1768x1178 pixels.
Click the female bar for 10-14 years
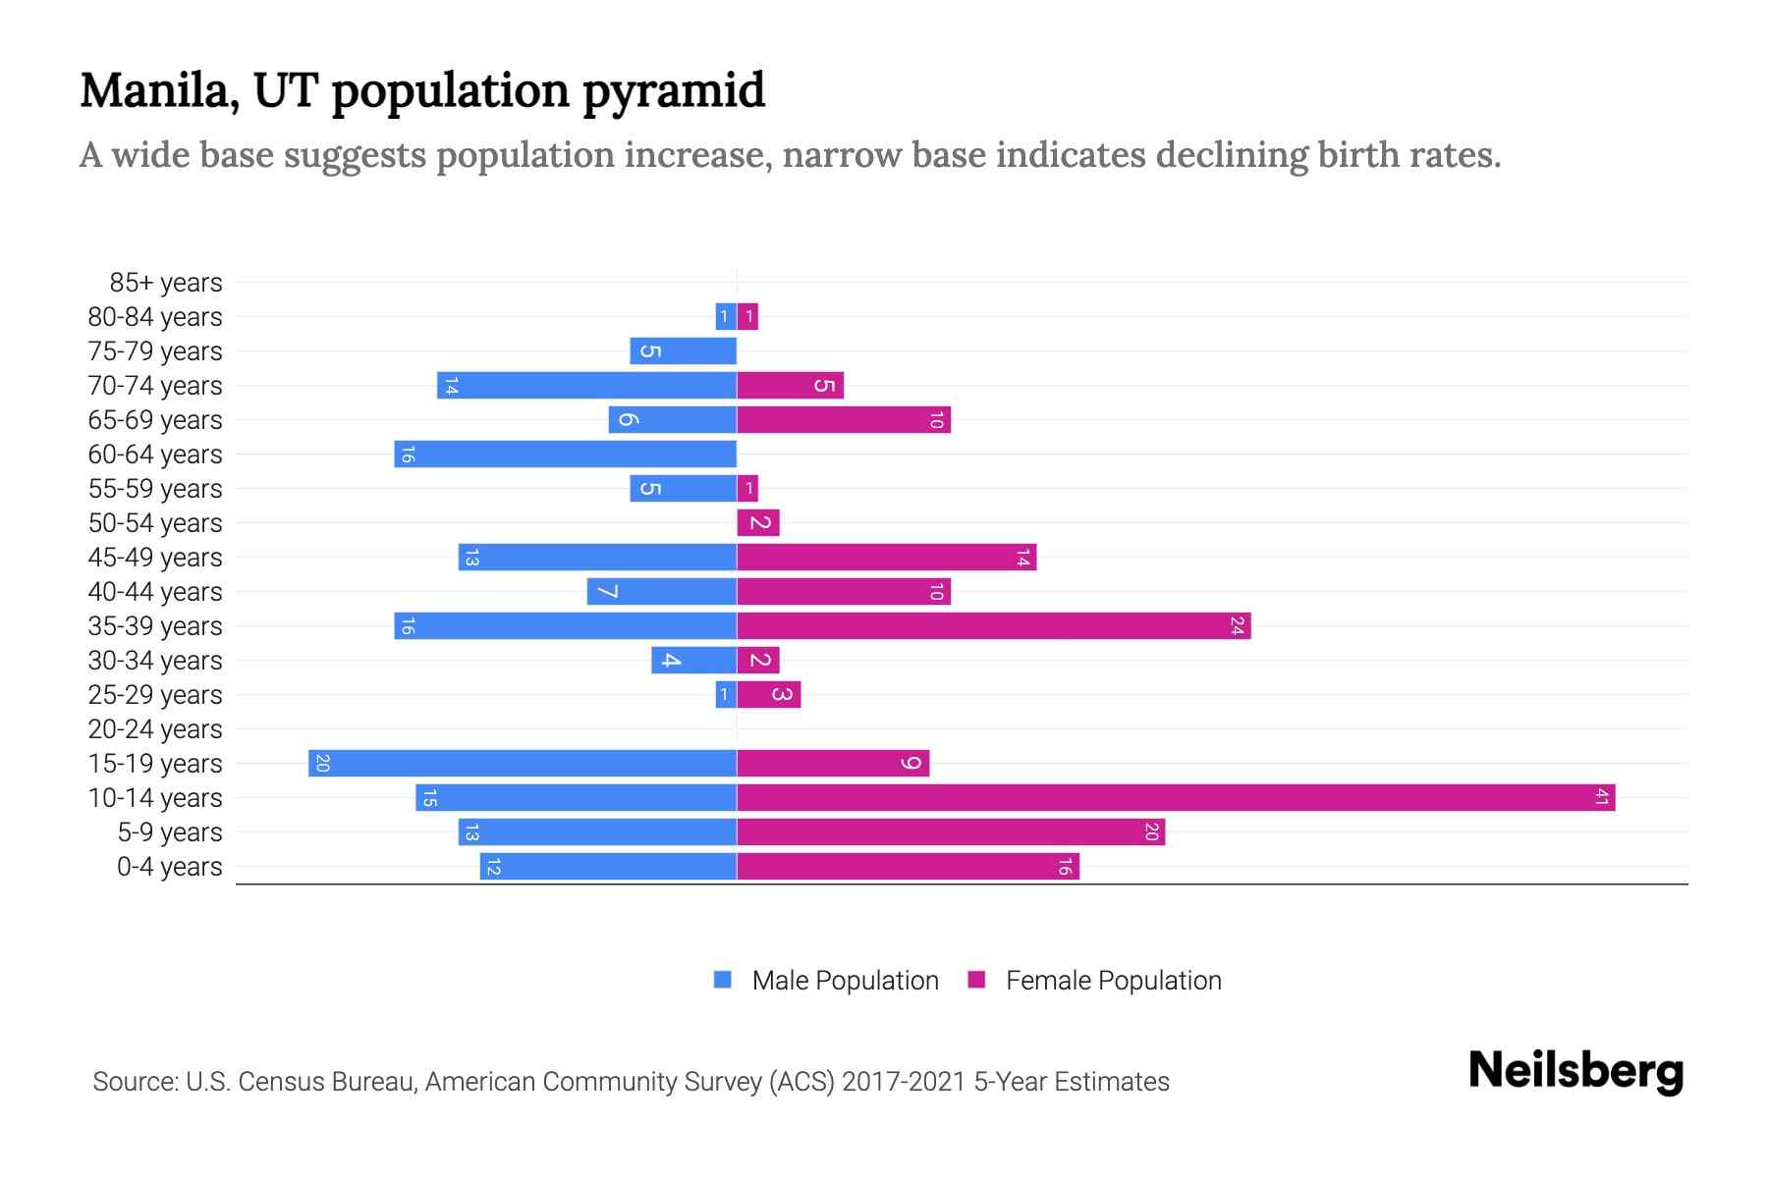[x=1176, y=797]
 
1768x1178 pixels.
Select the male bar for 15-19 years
[x=523, y=763]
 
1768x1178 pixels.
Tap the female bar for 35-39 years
[x=993, y=625]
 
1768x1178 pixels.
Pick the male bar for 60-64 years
[x=566, y=454]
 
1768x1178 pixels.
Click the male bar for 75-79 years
[x=684, y=350]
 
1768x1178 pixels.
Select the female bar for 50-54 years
[x=758, y=522]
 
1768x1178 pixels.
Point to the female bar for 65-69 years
[x=844, y=419]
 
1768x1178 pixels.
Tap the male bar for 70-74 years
[x=587, y=385]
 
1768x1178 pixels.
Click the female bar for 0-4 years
[x=908, y=866]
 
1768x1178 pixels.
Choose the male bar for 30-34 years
[x=694, y=660]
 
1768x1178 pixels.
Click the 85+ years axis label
[x=166, y=283]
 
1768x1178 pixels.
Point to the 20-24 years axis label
[x=155, y=729]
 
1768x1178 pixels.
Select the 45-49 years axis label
[x=155, y=558]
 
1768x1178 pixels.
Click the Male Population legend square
[x=723, y=980]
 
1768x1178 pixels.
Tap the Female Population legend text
[x=1113, y=981]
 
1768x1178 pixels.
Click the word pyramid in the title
[x=674, y=91]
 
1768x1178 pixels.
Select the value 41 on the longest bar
[x=1602, y=797]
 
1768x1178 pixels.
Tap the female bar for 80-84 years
[x=747, y=316]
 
